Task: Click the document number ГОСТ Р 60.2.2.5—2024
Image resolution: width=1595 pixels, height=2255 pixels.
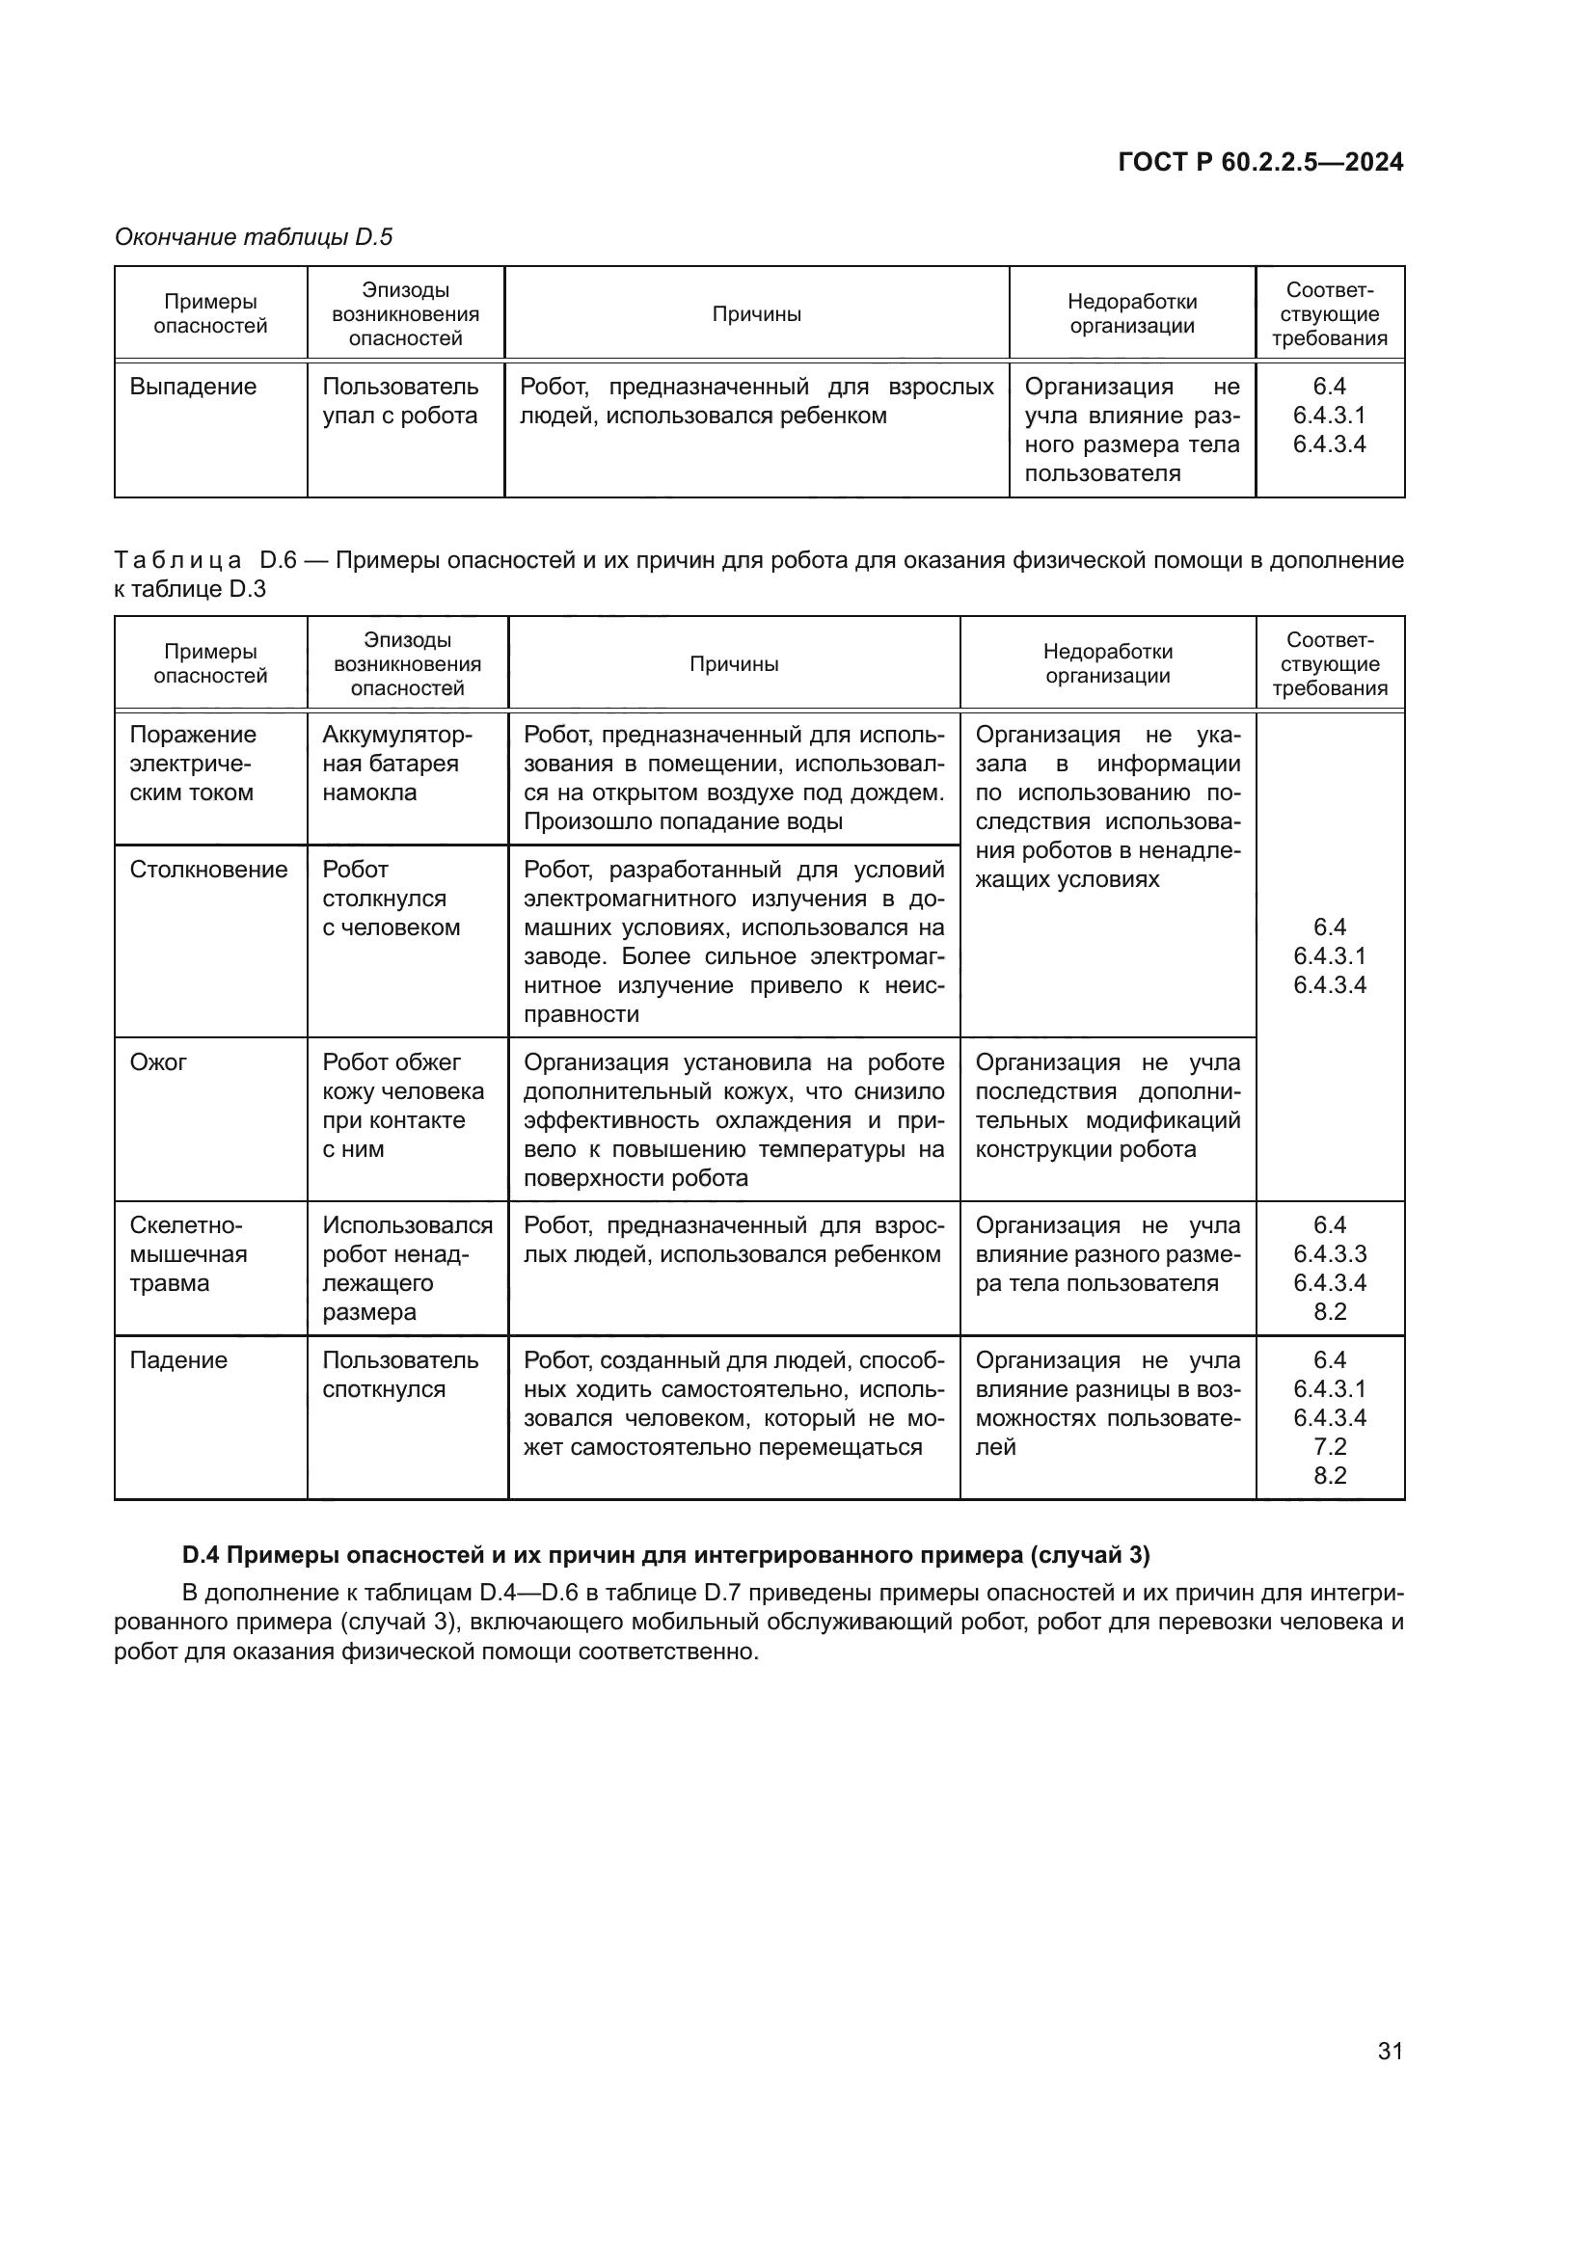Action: tap(1260, 163)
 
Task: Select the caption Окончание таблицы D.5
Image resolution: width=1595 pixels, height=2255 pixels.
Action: tap(254, 237)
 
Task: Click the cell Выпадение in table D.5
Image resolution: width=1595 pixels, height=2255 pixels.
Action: tap(193, 387)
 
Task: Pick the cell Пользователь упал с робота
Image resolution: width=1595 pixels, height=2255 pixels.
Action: tap(400, 401)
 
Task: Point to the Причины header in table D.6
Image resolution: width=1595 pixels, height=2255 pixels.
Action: tap(734, 664)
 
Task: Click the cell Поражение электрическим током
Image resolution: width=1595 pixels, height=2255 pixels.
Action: tap(193, 764)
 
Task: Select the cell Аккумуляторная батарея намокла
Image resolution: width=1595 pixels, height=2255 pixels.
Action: tap(396, 764)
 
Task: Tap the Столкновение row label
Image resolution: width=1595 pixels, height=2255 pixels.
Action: tap(208, 870)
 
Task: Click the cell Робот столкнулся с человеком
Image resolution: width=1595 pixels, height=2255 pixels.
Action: tap(390, 898)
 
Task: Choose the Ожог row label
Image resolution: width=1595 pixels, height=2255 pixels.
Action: tap(158, 1061)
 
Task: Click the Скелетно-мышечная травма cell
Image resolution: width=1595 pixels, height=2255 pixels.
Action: tap(188, 1253)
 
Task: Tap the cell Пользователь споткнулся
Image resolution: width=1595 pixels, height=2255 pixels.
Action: tap(400, 1374)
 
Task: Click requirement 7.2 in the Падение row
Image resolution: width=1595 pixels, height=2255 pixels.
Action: tap(1330, 1446)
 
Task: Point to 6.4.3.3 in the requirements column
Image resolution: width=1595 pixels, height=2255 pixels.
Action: tap(1330, 1253)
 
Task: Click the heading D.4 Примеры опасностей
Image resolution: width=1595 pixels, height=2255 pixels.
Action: tap(666, 1555)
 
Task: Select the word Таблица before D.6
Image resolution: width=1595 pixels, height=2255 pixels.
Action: tap(177, 561)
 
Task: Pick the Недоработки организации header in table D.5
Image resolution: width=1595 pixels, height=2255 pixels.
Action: tap(1131, 313)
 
